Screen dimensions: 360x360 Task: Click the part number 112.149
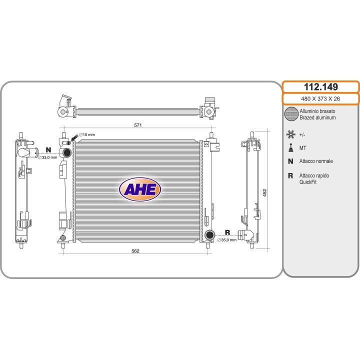(320, 87)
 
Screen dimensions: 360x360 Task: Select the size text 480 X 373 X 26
(320, 98)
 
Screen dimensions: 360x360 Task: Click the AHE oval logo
(140, 189)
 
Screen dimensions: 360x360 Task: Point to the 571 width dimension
(138, 125)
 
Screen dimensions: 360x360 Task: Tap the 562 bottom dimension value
(135, 251)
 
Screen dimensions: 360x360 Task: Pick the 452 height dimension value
(264, 192)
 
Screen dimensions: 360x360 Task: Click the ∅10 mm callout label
(87, 135)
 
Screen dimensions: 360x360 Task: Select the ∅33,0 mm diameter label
(47, 157)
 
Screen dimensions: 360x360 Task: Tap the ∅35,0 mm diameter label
(227, 240)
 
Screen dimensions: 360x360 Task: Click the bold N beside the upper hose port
(48, 150)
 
